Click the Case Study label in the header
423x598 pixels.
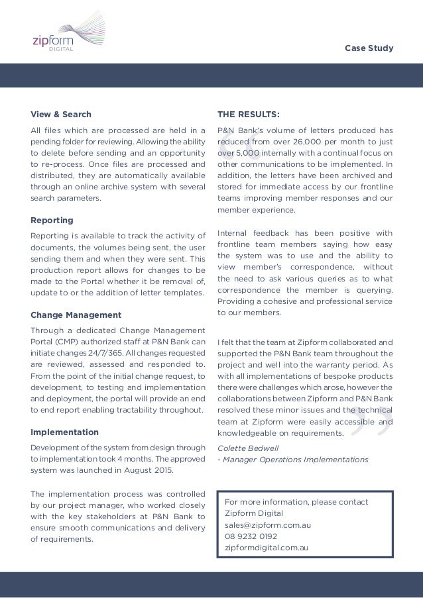point(370,48)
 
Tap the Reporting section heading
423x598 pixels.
point(52,220)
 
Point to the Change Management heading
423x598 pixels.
point(76,315)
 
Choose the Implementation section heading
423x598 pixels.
point(64,432)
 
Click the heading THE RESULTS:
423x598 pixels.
point(249,114)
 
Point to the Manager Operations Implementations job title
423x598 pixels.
point(295,460)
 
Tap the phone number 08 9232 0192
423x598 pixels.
point(251,536)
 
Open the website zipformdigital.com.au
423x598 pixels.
point(267,548)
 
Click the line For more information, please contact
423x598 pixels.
point(296,501)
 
